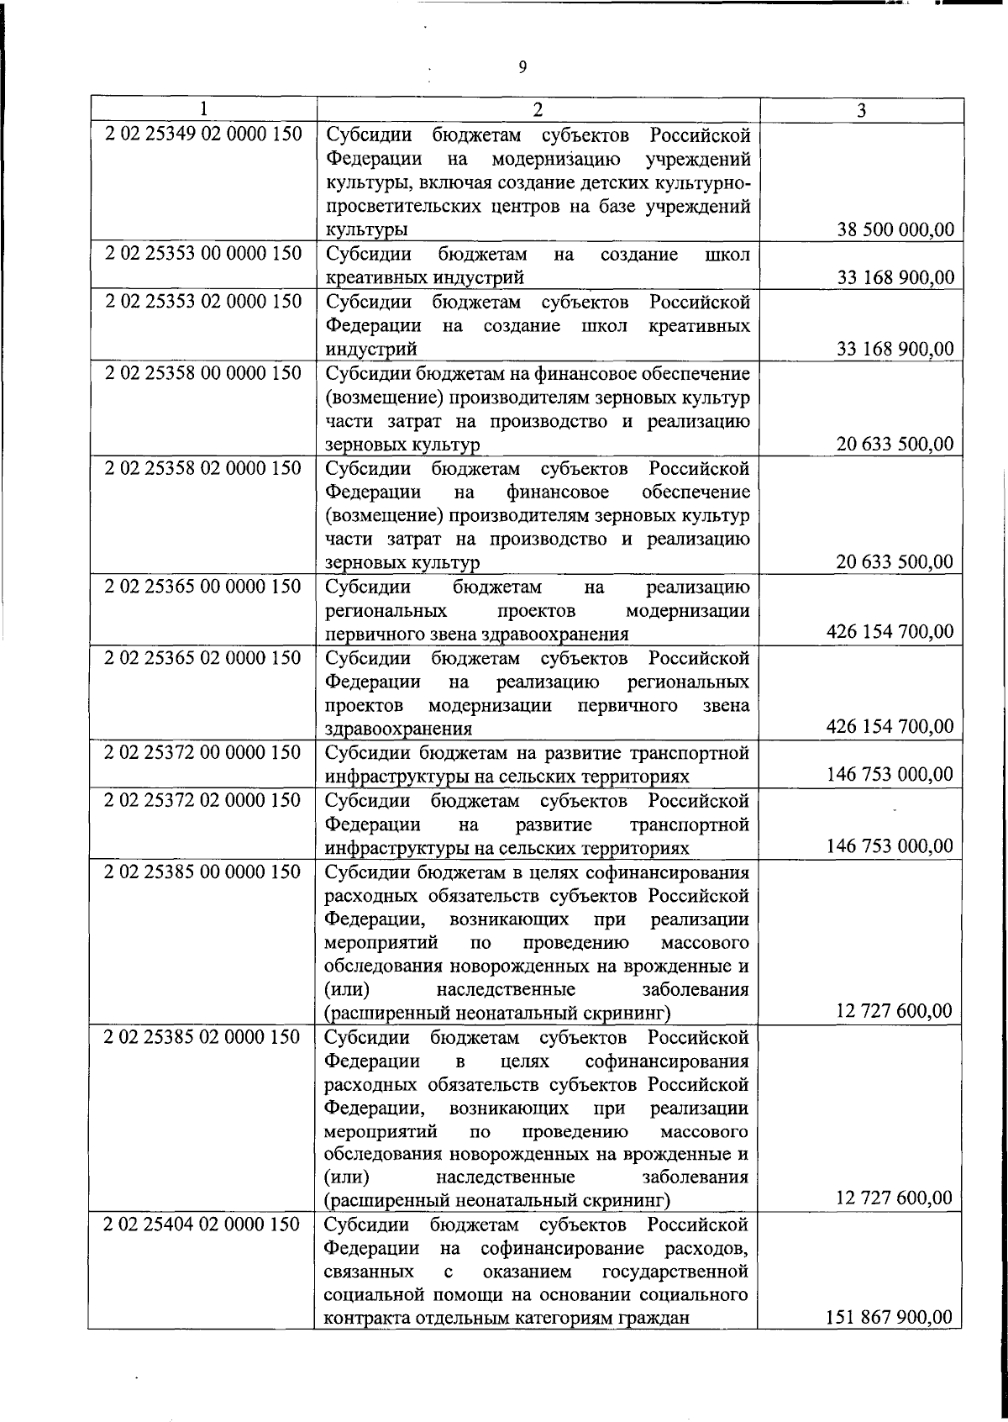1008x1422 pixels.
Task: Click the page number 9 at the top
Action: (x=522, y=68)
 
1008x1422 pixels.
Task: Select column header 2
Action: (x=538, y=110)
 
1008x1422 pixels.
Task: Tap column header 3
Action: (x=861, y=110)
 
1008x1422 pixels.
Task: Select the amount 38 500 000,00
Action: (x=895, y=229)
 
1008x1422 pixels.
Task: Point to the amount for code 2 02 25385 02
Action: (x=895, y=1198)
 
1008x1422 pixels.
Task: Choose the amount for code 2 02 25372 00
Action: (x=890, y=774)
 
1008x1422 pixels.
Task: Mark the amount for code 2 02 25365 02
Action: (x=890, y=725)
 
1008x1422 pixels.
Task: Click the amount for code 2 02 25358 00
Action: (x=895, y=444)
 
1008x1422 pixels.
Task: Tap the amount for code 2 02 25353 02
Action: (x=895, y=348)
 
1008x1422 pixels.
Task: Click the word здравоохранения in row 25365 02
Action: (x=398, y=729)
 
